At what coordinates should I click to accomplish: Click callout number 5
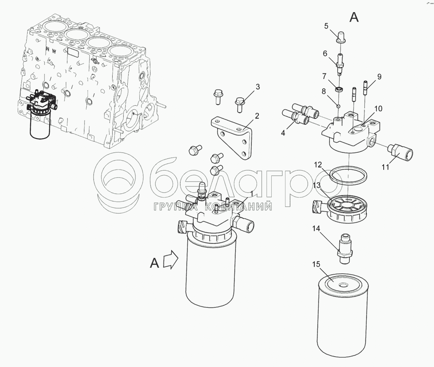326,26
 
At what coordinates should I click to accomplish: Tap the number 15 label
316,264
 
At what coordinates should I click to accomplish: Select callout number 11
386,167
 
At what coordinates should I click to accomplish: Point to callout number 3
258,87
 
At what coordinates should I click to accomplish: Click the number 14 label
316,228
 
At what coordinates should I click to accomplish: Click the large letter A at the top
354,17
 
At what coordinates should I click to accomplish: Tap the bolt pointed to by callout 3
239,105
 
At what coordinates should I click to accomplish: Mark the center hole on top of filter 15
342,284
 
